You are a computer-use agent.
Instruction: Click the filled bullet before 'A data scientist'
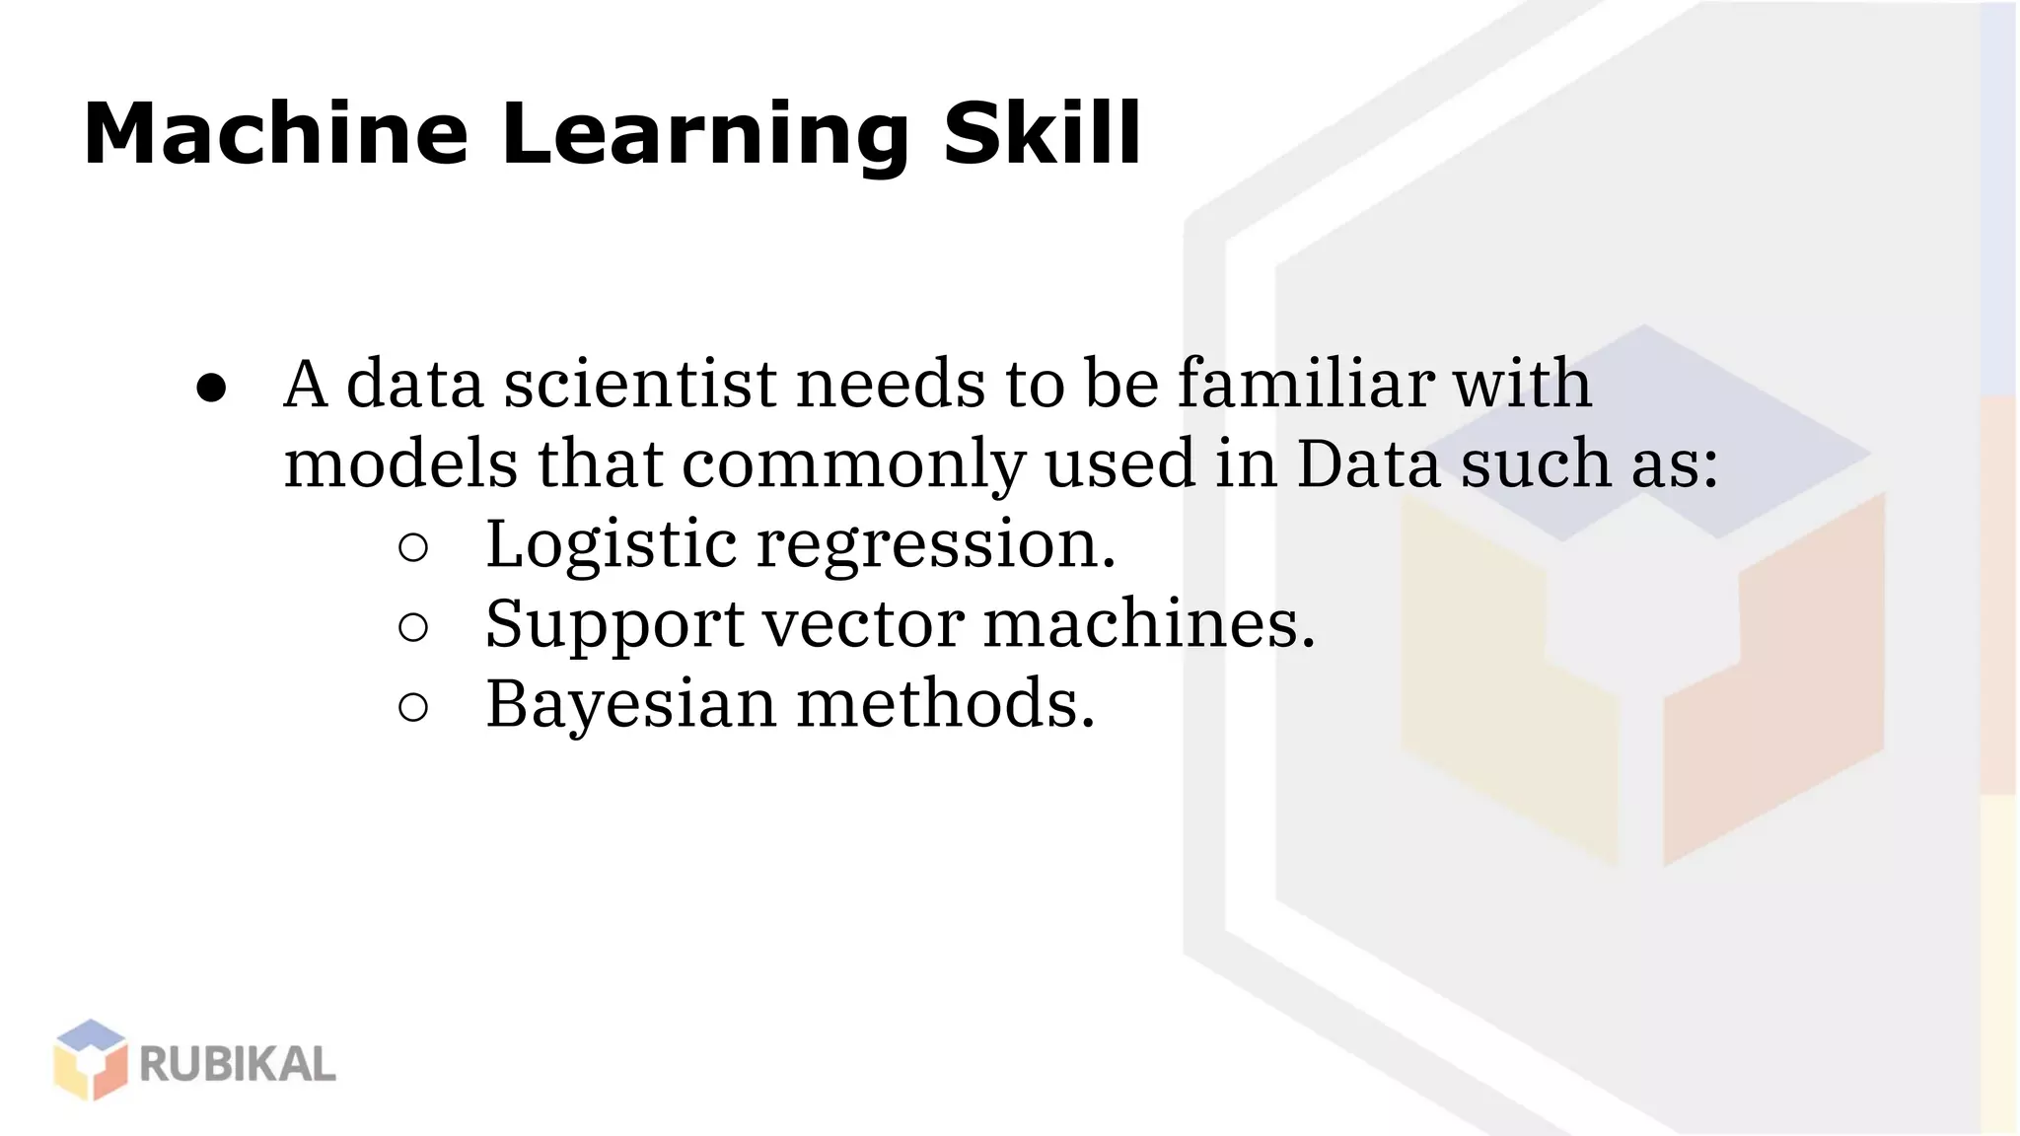point(211,388)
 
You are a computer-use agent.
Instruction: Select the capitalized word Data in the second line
point(1368,463)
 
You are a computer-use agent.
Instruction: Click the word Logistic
point(612,544)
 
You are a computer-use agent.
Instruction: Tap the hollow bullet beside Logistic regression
point(413,547)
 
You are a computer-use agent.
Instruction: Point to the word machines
point(1149,624)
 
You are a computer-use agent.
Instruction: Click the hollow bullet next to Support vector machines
point(413,627)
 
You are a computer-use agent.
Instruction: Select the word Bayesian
point(631,705)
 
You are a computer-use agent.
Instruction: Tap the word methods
point(946,704)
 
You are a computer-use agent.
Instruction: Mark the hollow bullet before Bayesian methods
point(413,707)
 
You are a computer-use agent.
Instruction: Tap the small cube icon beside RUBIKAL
point(91,1060)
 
